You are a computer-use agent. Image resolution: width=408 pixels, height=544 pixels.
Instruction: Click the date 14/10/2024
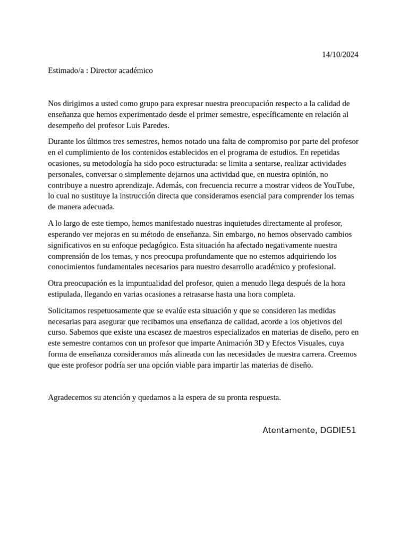340,55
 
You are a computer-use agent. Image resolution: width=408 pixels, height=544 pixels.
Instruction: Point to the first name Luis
135,125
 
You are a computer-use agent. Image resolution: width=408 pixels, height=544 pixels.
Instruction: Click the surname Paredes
156,125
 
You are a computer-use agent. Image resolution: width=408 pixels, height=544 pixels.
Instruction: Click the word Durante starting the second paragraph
61,141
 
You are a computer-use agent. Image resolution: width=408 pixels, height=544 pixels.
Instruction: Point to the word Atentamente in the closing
288,430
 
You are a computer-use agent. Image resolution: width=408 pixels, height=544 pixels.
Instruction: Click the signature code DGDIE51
338,430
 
